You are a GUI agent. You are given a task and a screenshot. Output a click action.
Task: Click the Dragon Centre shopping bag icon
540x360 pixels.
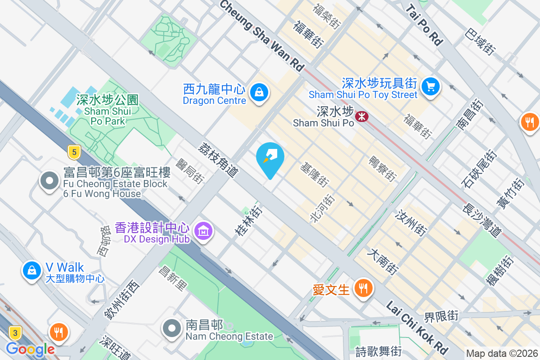click(259, 93)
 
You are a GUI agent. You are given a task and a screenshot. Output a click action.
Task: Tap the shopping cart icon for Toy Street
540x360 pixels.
click(431, 85)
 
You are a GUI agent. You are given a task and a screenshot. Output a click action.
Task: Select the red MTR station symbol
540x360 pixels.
click(361, 117)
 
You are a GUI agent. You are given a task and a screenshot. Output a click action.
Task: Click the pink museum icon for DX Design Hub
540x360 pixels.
click(203, 231)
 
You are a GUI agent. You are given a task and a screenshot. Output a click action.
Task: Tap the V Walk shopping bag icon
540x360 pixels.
click(32, 270)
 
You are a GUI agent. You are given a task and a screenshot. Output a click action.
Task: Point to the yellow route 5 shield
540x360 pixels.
click(74, 152)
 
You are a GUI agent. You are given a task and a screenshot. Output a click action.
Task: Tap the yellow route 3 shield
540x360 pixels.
click(15, 333)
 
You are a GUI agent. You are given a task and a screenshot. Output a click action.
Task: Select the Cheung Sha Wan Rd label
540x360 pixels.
click(262, 35)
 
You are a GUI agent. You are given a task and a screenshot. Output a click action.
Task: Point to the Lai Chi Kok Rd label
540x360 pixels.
click(417, 328)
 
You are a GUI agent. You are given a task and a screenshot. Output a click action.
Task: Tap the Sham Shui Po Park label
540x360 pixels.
click(108, 110)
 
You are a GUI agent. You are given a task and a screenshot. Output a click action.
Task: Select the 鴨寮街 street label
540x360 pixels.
click(382, 169)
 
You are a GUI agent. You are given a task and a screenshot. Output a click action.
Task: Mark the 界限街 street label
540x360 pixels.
click(441, 316)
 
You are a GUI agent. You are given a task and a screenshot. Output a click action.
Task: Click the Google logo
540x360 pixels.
click(30, 349)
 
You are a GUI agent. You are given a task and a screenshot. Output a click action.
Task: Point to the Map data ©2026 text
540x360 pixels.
click(502, 354)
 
